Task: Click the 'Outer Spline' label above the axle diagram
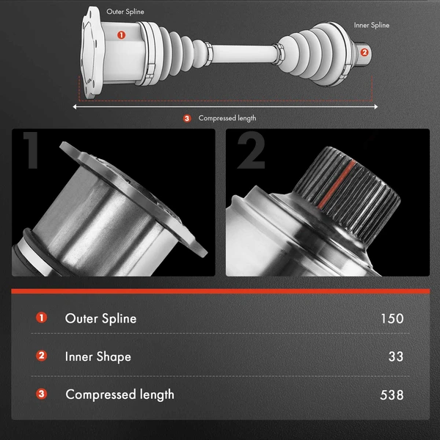(125, 12)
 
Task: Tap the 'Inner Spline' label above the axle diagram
(372, 25)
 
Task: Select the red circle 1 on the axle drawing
(121, 35)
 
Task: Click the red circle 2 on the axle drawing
(364, 52)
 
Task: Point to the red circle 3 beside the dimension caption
(187, 118)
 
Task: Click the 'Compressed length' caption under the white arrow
(227, 118)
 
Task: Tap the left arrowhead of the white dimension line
(75, 106)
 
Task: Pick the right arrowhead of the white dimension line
(375, 106)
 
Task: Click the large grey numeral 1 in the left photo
(31, 150)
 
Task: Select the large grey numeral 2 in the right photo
(251, 150)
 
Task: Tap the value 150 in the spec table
(392, 318)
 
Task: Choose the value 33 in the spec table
(396, 356)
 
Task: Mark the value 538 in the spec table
(392, 395)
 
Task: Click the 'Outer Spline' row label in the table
(100, 318)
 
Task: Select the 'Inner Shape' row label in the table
(98, 356)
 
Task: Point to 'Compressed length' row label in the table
(120, 395)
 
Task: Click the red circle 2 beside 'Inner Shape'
(41, 356)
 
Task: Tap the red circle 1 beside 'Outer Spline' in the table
(41, 318)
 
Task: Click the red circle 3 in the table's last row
(41, 394)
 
